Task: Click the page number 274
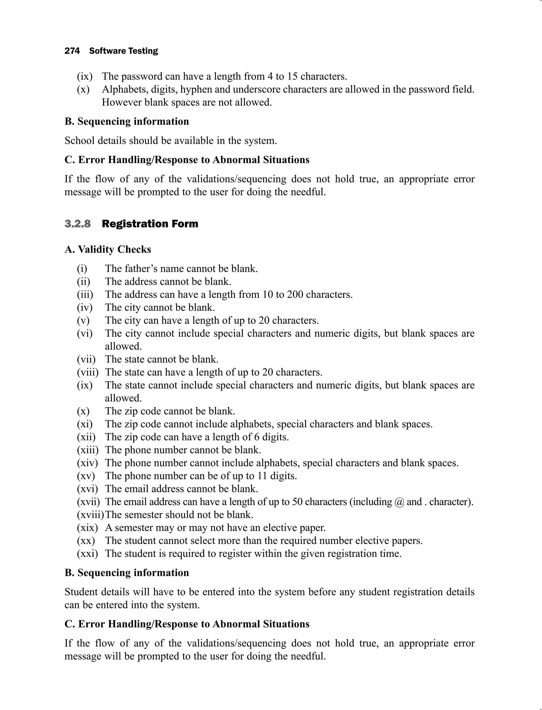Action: pyautogui.click(x=72, y=51)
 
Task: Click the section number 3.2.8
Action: pyautogui.click(x=78, y=224)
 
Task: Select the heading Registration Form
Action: pyautogui.click(x=150, y=224)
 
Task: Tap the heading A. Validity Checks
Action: pyautogui.click(x=108, y=249)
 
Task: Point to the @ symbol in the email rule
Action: pyautogui.click(x=399, y=502)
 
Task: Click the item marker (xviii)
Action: pyautogui.click(x=90, y=515)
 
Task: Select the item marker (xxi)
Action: pyautogui.click(x=87, y=554)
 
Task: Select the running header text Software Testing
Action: pyautogui.click(x=124, y=51)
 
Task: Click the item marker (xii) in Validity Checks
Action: pyautogui.click(x=86, y=437)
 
